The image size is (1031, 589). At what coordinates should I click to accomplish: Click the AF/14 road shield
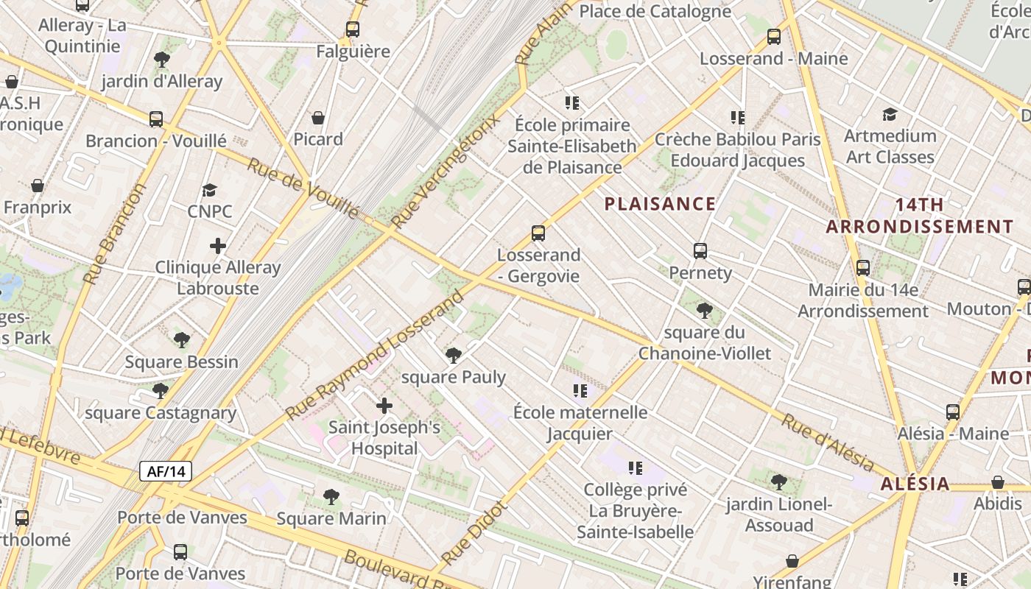pos(166,471)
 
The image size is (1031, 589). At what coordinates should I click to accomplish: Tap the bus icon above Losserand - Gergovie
pos(538,233)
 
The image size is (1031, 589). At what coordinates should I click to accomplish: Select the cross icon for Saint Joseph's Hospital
pos(384,406)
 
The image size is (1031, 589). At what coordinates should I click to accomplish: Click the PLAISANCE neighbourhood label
pos(660,204)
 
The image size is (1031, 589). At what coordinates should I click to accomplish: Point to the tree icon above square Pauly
pos(454,356)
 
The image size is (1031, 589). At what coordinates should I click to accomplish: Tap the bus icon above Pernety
pos(700,251)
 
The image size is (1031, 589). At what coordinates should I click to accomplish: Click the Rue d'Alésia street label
pos(828,443)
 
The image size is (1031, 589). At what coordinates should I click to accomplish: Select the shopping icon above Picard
pos(318,118)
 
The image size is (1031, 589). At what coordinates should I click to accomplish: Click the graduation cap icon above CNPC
pos(210,190)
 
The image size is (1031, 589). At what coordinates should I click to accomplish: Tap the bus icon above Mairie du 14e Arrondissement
pos(863,268)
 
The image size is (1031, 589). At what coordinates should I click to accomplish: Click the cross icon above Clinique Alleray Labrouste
pos(218,246)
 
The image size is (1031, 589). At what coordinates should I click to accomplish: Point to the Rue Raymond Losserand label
pos(375,355)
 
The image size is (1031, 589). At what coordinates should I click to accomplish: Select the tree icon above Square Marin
pos(331,497)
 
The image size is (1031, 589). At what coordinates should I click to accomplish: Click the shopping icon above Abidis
pos(998,482)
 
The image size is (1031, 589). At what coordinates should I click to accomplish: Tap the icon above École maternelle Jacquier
pos(580,390)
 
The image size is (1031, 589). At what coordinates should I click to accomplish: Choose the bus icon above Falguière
pos(353,29)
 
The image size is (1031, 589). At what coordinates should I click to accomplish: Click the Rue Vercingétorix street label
pos(446,171)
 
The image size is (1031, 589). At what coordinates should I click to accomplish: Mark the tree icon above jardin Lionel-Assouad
pos(779,482)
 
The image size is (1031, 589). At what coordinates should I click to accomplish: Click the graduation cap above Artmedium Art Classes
pos(890,114)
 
